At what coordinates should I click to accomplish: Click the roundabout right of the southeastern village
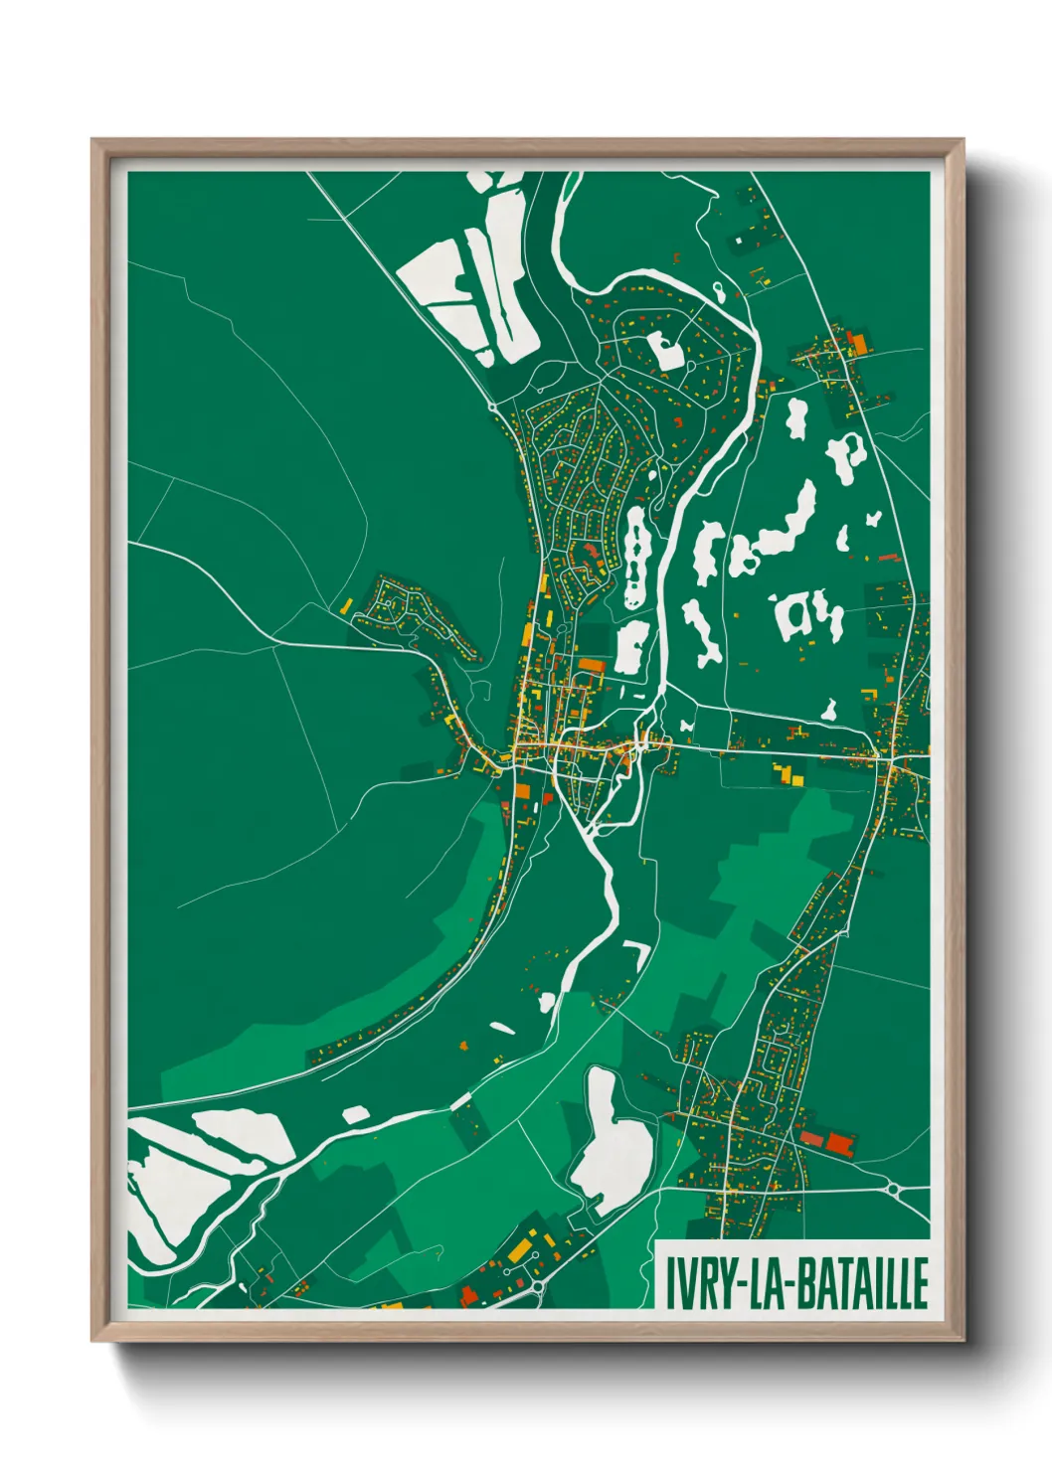tap(892, 1188)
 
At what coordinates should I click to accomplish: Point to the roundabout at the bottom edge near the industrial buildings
tap(538, 1288)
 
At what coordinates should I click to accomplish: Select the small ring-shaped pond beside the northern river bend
tap(718, 290)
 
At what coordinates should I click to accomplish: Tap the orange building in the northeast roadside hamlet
tap(859, 344)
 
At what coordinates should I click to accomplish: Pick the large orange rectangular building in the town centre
tap(592, 666)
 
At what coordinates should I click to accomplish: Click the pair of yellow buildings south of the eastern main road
tap(788, 773)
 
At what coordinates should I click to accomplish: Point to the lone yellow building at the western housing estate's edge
tap(347, 604)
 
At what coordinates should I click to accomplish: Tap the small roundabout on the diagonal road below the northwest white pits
tap(493, 407)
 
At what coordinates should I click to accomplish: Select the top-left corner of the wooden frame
tap(92, 140)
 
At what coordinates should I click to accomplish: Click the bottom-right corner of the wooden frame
tap(963, 1341)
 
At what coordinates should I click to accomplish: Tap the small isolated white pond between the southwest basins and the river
tap(356, 1114)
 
